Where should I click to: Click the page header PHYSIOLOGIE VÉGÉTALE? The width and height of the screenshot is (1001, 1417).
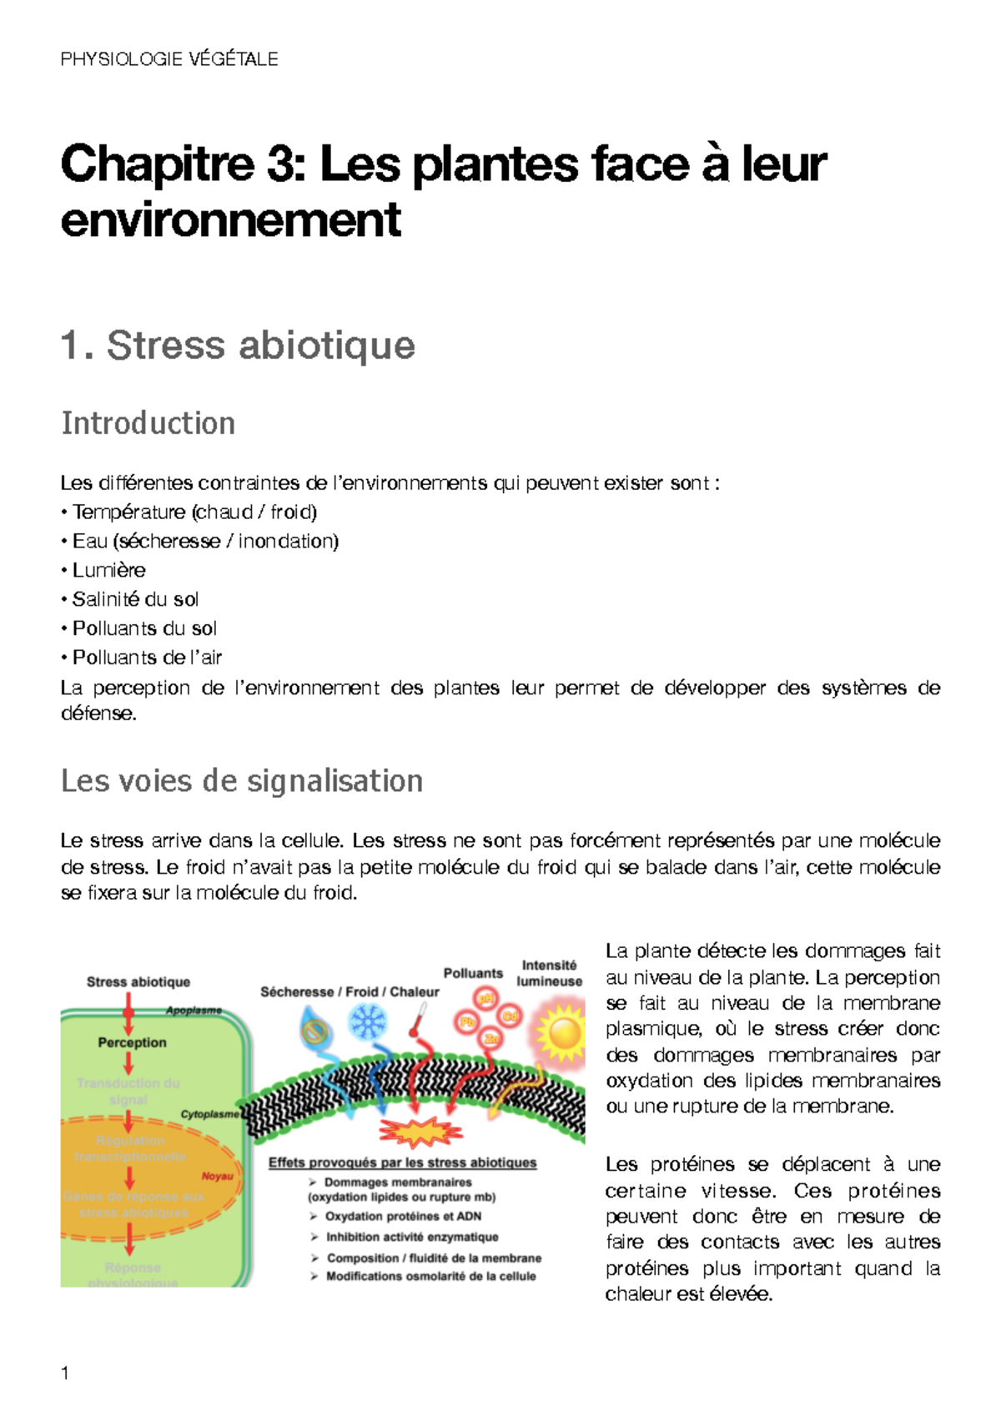169,59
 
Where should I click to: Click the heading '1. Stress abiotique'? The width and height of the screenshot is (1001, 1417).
238,345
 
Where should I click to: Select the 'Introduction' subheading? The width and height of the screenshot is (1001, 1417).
148,423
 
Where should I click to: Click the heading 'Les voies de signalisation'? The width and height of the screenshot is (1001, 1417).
242,781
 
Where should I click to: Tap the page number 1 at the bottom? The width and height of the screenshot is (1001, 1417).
65,1373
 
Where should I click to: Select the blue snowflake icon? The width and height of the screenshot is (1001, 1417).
368,1021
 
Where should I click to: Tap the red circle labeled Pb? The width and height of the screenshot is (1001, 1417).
467,1022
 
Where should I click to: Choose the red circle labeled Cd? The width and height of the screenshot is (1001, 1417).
510,1016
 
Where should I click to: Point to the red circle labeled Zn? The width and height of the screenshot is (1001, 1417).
492,1038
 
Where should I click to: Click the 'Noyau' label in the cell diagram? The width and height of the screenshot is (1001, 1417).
217,1176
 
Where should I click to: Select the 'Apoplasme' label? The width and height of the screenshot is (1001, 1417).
194,1011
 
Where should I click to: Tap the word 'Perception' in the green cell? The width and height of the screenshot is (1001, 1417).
132,1042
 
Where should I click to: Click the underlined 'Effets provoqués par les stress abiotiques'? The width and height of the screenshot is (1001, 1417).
402,1162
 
